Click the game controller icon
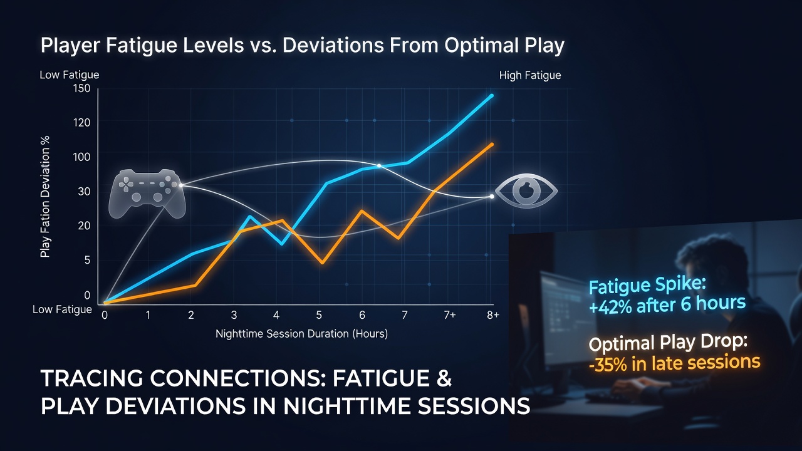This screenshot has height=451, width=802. coord(147,194)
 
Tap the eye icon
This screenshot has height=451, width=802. coord(526,191)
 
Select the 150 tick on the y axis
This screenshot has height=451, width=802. coord(81,88)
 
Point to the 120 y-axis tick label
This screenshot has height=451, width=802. coord(81,123)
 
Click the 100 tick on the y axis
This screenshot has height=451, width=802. coord(81,157)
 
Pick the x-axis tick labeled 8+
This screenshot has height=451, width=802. coord(492,315)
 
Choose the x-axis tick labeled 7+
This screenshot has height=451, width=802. coord(450,315)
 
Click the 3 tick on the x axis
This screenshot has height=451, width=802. coord(234,315)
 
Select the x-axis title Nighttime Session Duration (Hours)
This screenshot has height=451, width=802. coord(301,334)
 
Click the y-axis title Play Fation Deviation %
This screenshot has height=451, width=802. coord(44,197)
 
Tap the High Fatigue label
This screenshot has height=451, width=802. coord(530,75)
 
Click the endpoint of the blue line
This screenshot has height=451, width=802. coord(492,96)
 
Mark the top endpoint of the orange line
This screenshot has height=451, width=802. coord(492,145)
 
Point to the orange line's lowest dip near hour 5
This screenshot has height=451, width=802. coord(322,262)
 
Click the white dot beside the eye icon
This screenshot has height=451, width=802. coord(492,197)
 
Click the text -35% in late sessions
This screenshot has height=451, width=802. coord(675,363)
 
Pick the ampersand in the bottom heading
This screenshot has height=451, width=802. coord(444,378)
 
